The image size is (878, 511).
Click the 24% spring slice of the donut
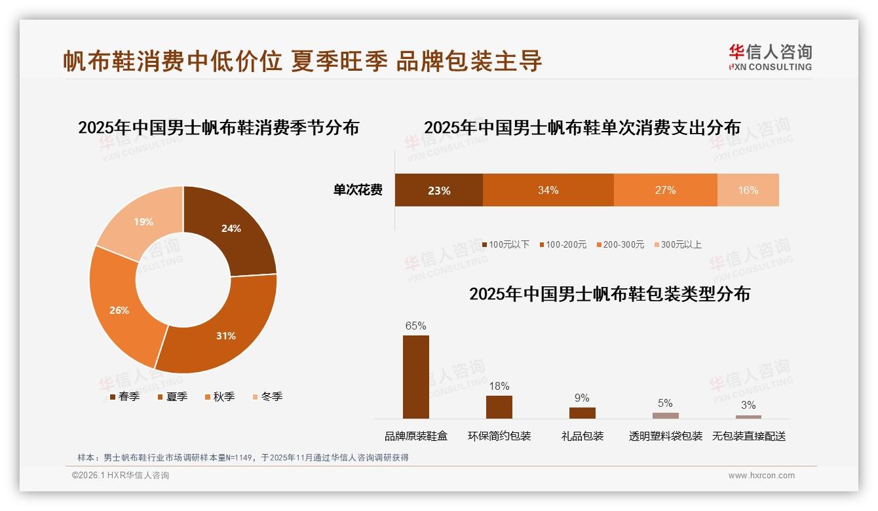click(x=229, y=229)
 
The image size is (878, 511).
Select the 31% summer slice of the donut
click(x=223, y=334)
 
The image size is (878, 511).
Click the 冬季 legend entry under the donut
click(x=267, y=396)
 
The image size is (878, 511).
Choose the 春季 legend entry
click(x=124, y=396)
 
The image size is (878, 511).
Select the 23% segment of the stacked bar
click(x=438, y=191)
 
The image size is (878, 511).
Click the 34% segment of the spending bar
click(x=548, y=191)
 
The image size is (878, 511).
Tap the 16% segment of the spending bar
click(x=748, y=191)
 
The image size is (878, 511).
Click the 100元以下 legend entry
click(x=505, y=244)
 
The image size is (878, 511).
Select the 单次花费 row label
click(x=358, y=191)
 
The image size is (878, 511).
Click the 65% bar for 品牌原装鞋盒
click(x=416, y=377)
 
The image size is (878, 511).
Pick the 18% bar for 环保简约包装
click(x=499, y=407)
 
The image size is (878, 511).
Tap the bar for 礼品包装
click(x=582, y=413)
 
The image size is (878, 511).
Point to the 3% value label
click(x=748, y=405)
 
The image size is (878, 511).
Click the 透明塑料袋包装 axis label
click(x=666, y=436)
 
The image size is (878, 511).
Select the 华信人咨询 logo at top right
click(x=770, y=58)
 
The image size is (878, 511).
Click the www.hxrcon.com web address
click(x=761, y=476)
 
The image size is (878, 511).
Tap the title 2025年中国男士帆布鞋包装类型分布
click(x=609, y=294)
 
